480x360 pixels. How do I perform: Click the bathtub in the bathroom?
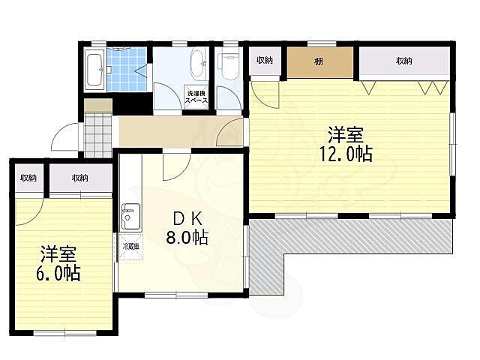[x=94, y=70]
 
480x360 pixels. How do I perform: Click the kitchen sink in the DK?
[x=130, y=217]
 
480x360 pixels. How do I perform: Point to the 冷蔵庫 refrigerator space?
[x=130, y=247]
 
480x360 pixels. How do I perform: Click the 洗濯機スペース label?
[x=196, y=97]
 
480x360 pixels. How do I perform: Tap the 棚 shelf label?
[x=318, y=61]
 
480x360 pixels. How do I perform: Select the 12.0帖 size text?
[x=346, y=154]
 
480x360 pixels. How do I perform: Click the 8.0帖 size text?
[x=187, y=237]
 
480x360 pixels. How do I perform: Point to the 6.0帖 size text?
[x=58, y=273]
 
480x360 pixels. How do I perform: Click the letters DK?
[x=187, y=218]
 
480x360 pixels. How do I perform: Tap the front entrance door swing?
[x=65, y=136]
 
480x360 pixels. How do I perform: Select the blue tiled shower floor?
[x=127, y=70]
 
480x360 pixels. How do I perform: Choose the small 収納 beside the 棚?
[x=265, y=60]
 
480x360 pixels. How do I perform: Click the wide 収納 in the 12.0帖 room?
[x=404, y=61]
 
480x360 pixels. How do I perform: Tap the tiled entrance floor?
[x=97, y=135]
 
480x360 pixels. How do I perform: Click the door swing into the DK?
[x=176, y=166]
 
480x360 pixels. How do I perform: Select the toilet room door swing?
[x=229, y=97]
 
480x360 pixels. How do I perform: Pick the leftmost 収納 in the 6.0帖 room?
[x=28, y=178]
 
